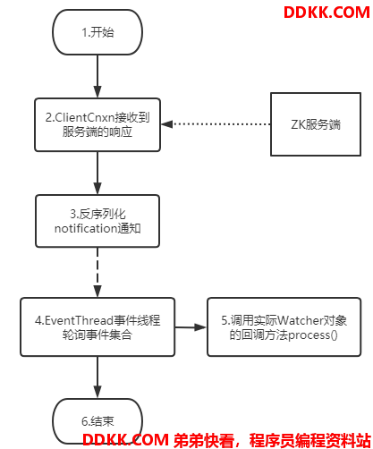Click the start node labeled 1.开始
(97, 32)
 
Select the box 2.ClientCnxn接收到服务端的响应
(97, 124)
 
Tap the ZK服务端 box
(316, 124)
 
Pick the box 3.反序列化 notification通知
(97, 221)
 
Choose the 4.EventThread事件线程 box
(97, 326)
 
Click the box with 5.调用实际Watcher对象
(284, 326)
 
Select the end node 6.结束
(97, 421)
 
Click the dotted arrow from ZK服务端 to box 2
(216, 124)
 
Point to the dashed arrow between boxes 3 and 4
(97, 272)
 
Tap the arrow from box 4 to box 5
(191, 327)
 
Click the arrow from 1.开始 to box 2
(97, 77)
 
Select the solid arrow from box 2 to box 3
(97, 174)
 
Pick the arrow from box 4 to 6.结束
(97, 377)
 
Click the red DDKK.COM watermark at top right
(326, 13)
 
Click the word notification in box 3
(86, 228)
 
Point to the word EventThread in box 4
(79, 320)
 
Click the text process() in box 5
(313, 335)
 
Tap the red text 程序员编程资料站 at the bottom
(310, 440)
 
